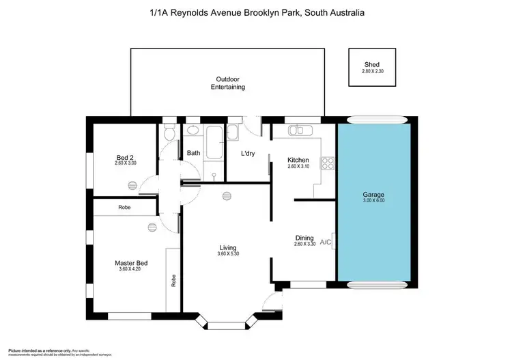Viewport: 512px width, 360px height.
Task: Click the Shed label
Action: point(371,65)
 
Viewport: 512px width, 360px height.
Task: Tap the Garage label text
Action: point(373,195)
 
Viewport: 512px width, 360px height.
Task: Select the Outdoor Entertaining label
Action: point(227,83)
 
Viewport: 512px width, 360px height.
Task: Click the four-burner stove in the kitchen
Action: point(328,163)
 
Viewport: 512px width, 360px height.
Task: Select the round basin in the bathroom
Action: point(193,129)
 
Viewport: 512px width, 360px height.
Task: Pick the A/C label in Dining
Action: point(326,242)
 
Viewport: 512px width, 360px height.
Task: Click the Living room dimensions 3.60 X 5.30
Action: point(227,254)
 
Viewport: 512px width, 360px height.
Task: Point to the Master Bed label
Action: point(131,263)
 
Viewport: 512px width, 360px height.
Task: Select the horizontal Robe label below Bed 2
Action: point(124,206)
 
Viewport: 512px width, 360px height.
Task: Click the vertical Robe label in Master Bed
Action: point(174,280)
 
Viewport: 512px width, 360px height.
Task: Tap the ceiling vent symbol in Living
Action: point(227,197)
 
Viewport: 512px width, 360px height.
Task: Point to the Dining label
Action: point(304,238)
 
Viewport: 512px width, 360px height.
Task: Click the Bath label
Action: point(194,153)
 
